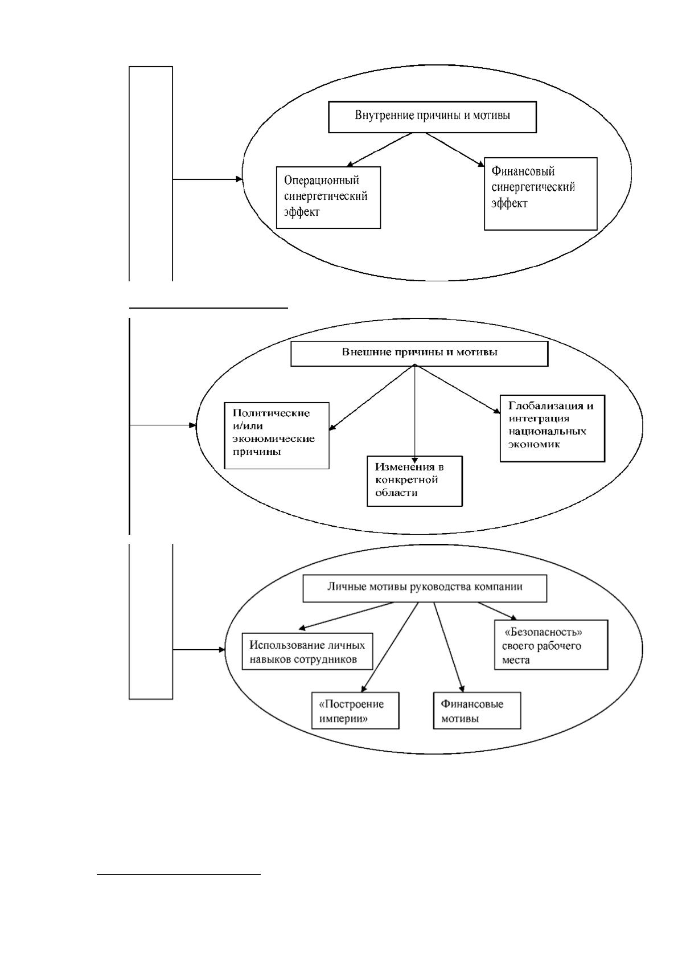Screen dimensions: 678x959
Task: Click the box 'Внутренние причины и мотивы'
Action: coord(432,117)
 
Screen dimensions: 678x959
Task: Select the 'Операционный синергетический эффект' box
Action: coord(328,198)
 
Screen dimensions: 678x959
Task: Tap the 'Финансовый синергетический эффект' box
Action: coord(541,194)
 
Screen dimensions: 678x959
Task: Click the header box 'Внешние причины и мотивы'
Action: coord(420,354)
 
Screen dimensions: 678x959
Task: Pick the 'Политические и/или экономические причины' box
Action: coord(277,436)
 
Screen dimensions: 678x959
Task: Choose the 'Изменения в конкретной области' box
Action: coord(415,481)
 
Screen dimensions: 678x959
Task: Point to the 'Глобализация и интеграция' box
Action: coord(552,428)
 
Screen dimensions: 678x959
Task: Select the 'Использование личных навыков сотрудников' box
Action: coord(307,651)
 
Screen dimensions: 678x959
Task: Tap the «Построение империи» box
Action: coord(355,710)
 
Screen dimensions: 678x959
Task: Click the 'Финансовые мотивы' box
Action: coord(477,710)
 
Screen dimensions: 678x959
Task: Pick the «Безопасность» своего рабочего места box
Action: coord(551,644)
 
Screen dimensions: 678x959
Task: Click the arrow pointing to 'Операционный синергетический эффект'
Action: coord(379,149)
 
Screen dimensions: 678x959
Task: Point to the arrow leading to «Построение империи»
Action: coord(389,647)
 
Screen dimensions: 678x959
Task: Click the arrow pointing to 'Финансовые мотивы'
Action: coord(448,647)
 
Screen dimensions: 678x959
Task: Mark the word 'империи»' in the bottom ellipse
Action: coord(343,718)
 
